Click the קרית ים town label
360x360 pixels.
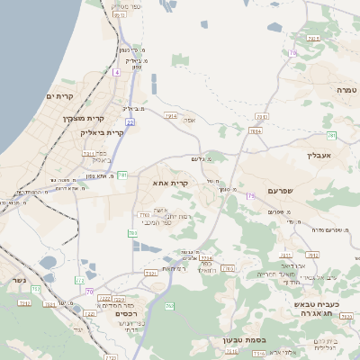59,94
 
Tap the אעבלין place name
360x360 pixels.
319,155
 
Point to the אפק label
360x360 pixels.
189,120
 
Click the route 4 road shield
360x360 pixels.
117,70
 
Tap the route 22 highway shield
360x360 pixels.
130,121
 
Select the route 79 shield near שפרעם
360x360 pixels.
250,195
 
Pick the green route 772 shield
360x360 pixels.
79,281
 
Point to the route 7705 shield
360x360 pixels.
228,268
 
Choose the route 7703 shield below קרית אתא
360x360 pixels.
144,215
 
